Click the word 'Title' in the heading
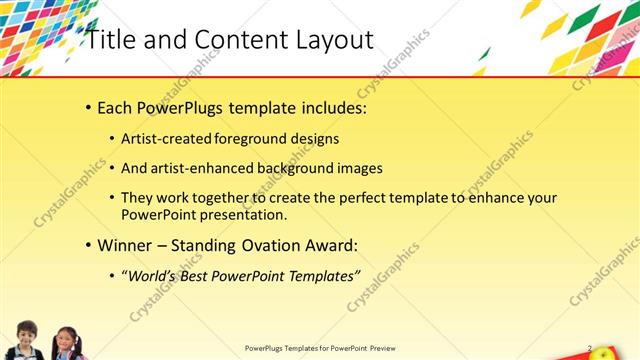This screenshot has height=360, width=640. coord(107,40)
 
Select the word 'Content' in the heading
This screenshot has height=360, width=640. coord(232,40)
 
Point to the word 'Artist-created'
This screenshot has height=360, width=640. coord(167,139)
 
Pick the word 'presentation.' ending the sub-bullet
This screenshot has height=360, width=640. coord(244,215)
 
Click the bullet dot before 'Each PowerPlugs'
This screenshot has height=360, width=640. coord(89,108)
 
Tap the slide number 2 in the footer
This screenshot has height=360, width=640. coord(590,348)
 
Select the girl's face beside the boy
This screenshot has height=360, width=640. coord(67,340)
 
